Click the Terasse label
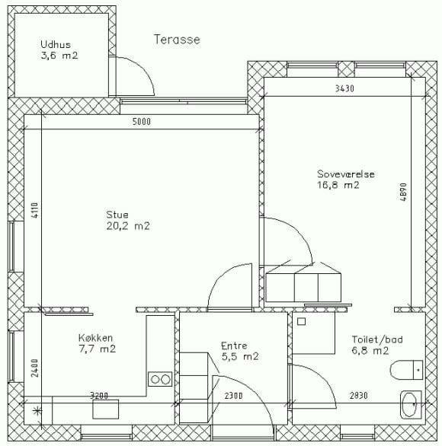coord(177,40)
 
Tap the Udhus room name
coord(56,44)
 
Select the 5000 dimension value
coord(142,122)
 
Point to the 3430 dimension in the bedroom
coord(344,88)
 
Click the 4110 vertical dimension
coord(34,210)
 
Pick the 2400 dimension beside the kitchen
coord(34,368)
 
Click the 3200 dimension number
coord(99,395)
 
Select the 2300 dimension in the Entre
coord(233,396)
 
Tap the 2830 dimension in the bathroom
coord(359,395)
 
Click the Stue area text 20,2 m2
coord(128,226)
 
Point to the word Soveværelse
coord(346,174)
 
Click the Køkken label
coord(96,338)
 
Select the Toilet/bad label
coord(377,339)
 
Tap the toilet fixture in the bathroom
coord(406,370)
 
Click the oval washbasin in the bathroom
coord(411,404)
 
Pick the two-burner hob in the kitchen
coord(160,379)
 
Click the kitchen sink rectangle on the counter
coord(106,409)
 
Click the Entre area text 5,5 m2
coord(240,356)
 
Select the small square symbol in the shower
coord(301,321)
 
